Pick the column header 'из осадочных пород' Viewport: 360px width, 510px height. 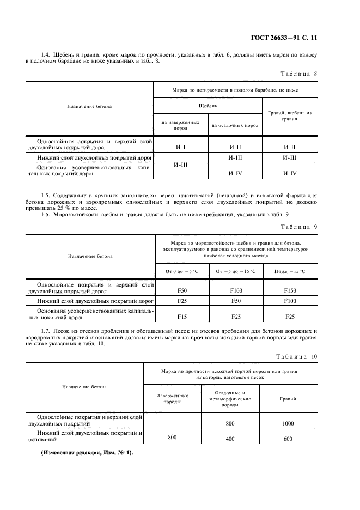235,126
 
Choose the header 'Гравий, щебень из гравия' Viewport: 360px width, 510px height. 290,116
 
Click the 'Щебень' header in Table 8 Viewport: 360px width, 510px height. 208,106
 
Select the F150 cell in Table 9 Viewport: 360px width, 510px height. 290,291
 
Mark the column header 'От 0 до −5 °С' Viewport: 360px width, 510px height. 182,271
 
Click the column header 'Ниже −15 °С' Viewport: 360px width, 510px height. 290,271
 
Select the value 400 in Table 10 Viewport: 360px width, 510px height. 229,439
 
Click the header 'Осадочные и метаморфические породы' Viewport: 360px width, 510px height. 229,399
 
